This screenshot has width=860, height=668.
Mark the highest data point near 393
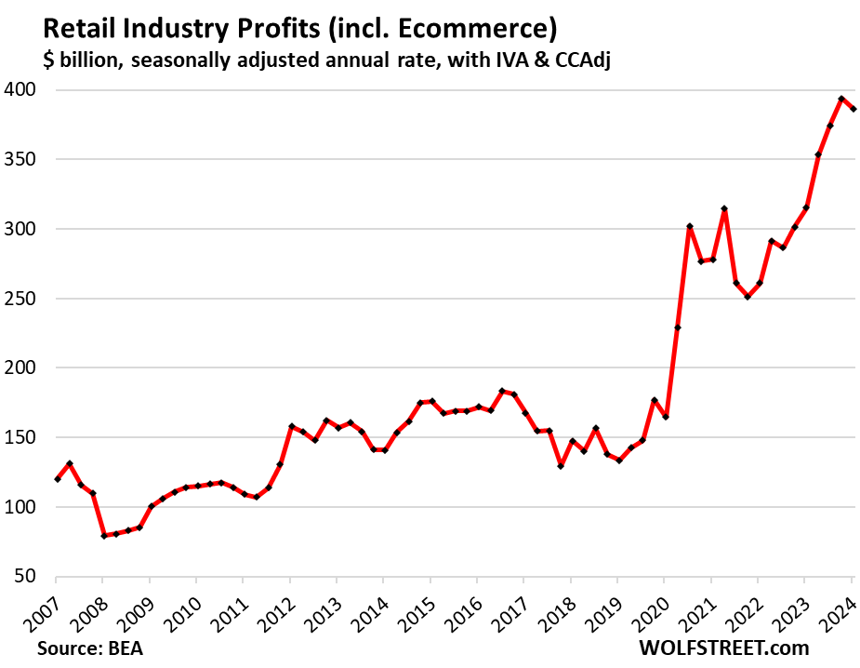[x=841, y=99]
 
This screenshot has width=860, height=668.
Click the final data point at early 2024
[x=853, y=109]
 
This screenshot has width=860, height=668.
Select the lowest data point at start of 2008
[x=104, y=536]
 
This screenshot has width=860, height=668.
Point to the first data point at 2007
[x=58, y=479]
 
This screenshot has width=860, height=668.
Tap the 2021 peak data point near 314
[x=724, y=209]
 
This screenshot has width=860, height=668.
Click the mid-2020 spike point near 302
[x=689, y=226]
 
